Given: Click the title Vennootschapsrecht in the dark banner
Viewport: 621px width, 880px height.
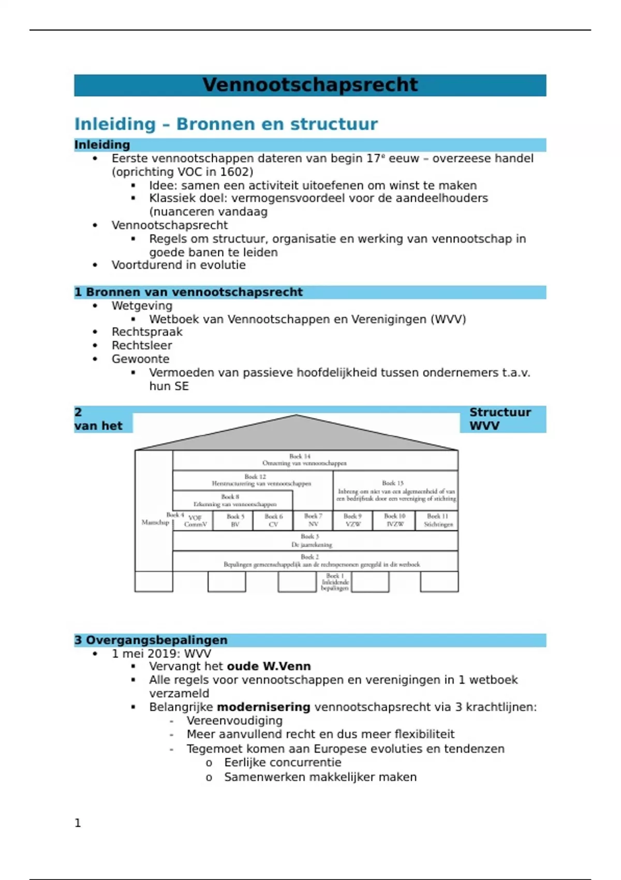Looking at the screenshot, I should tap(310, 85).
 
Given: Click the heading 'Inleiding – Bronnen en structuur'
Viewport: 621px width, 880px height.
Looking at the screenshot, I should tap(226, 124).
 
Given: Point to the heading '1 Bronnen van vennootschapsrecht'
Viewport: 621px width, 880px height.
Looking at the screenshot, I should tap(188, 292).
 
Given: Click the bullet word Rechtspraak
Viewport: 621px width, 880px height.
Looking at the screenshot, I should tap(147, 332).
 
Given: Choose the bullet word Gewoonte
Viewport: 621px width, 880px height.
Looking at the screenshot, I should tap(140, 359).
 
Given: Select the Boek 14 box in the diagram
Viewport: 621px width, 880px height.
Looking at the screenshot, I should tap(315, 460).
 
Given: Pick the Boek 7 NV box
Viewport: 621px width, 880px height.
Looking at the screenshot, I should tap(313, 520).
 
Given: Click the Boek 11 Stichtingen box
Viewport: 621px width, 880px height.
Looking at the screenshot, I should tap(438, 520).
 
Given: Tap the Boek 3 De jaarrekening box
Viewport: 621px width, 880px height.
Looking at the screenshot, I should tap(315, 540).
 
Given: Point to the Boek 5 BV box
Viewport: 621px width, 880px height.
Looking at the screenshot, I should tap(235, 520).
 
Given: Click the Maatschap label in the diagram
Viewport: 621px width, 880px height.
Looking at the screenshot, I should tap(155, 522).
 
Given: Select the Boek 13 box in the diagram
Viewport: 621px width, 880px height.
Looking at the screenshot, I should tap(395, 491).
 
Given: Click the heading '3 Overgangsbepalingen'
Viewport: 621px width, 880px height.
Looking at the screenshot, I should tap(151, 640).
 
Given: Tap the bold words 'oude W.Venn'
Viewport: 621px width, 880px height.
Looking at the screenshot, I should tap(269, 666).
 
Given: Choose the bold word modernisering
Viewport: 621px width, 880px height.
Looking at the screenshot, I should tap(263, 707).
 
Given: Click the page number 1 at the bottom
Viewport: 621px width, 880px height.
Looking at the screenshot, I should tap(78, 823).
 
